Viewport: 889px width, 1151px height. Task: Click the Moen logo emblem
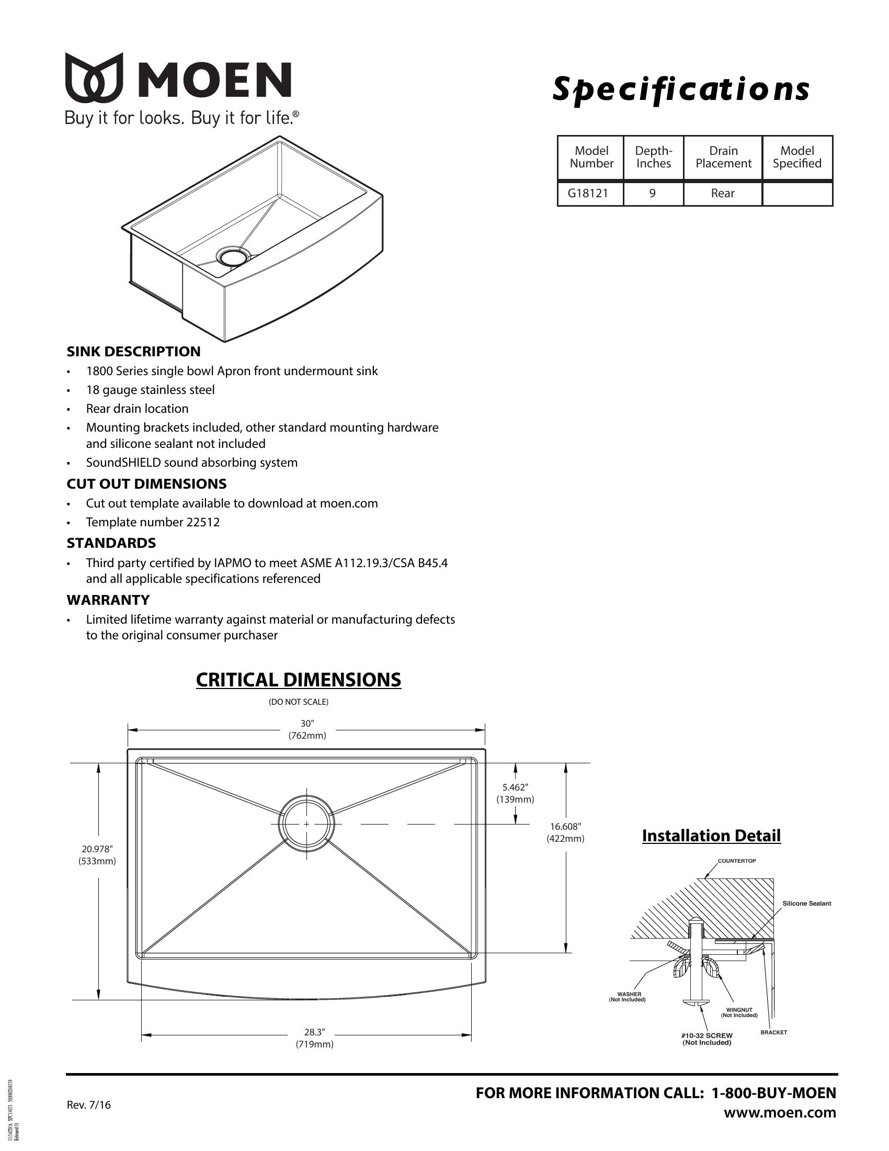pos(94,77)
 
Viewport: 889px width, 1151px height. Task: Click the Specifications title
pos(680,89)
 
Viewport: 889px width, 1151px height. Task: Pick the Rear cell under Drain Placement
pos(723,194)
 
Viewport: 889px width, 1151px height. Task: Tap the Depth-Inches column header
pos(653,157)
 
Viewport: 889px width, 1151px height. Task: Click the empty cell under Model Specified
pos(797,194)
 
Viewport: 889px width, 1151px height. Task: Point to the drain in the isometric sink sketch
pos(232,258)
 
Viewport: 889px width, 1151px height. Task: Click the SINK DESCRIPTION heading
pos(133,352)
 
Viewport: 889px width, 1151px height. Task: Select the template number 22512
pos(203,522)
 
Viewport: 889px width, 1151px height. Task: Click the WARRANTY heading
pos(108,600)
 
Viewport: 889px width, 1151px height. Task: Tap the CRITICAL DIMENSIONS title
pos(298,680)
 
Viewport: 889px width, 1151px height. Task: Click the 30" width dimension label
pos(307,729)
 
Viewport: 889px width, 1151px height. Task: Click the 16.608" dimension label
pos(566,833)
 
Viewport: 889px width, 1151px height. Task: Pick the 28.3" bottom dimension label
pos(314,1038)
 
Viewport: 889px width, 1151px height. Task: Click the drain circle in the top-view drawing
pos(306,823)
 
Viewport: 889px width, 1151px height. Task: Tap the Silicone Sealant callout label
pos(806,904)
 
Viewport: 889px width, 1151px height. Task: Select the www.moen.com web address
pos(780,1112)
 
